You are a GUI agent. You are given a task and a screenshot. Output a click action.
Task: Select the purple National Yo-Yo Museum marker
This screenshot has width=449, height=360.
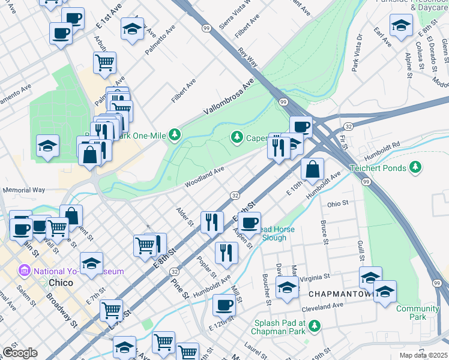point(25,271)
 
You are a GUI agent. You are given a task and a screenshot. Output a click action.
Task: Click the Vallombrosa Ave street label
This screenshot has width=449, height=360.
point(228,97)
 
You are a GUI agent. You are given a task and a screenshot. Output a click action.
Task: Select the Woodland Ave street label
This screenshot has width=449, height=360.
point(204,177)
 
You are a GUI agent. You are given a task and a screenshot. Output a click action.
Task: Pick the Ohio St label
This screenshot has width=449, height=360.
point(338,204)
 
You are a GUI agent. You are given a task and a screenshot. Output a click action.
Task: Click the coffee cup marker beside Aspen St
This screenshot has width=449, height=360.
point(249,223)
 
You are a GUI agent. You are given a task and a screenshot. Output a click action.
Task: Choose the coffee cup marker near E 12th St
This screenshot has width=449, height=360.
point(224,304)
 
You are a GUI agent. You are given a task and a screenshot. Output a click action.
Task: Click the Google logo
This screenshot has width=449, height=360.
point(19,353)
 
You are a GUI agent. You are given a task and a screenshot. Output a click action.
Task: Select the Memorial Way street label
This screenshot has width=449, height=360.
point(24,190)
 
